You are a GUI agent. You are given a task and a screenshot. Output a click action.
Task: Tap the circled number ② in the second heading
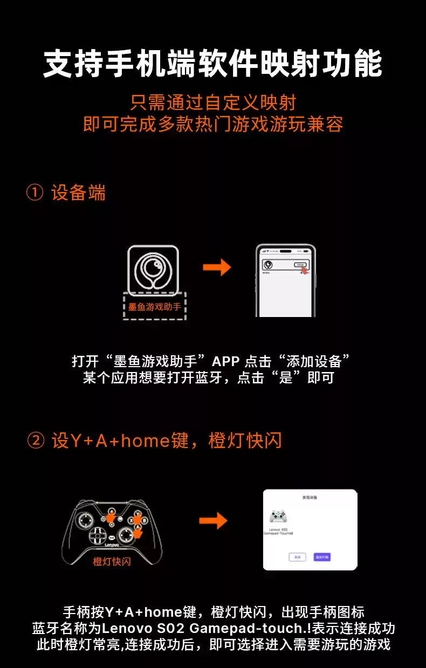35,441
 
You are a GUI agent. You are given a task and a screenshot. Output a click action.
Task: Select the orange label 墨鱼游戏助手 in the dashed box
154,307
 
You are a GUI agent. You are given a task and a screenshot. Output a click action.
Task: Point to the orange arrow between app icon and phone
217,267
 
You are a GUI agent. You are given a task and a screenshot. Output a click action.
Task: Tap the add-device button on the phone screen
300,265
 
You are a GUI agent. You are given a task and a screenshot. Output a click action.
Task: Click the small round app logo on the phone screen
267,265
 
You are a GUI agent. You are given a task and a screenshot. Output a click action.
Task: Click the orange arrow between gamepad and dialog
213,521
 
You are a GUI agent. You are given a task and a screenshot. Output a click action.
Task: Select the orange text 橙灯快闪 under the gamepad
112,561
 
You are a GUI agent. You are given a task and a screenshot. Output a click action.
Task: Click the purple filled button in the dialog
322,557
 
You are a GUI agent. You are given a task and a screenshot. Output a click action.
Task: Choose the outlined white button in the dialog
297,557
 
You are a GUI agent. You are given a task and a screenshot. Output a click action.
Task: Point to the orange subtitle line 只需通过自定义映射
213,102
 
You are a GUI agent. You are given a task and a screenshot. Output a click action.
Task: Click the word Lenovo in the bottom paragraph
126,628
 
